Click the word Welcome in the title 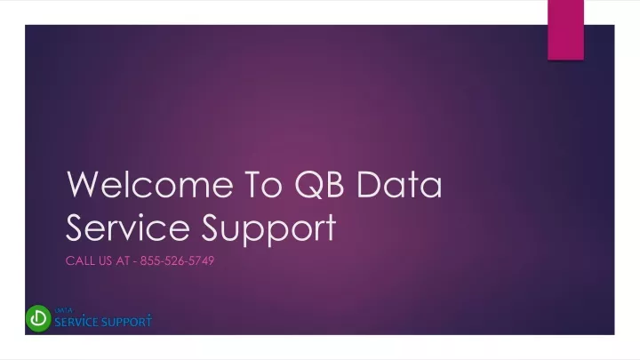[x=150, y=185]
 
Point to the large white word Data [x=399, y=185]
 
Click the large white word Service [x=128, y=227]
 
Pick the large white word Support [x=268, y=229]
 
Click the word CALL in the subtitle [x=80, y=260]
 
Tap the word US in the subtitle [x=105, y=260]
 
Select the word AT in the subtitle [x=123, y=260]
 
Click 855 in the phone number [x=149, y=260]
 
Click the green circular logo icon [x=38, y=318]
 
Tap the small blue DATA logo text [x=64, y=310]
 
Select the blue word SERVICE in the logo [x=76, y=322]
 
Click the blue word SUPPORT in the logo [x=127, y=322]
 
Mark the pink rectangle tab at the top [x=565, y=30]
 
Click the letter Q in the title [x=307, y=186]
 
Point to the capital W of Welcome [x=84, y=185]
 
